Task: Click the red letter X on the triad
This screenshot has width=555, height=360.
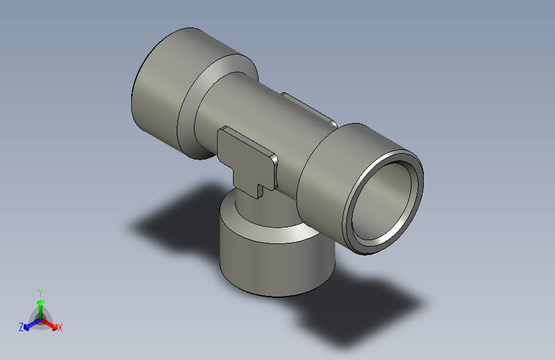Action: (60, 327)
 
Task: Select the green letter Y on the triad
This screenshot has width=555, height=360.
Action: (40, 291)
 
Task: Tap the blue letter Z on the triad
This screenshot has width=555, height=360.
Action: (21, 327)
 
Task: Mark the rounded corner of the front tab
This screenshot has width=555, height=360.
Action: (273, 158)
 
